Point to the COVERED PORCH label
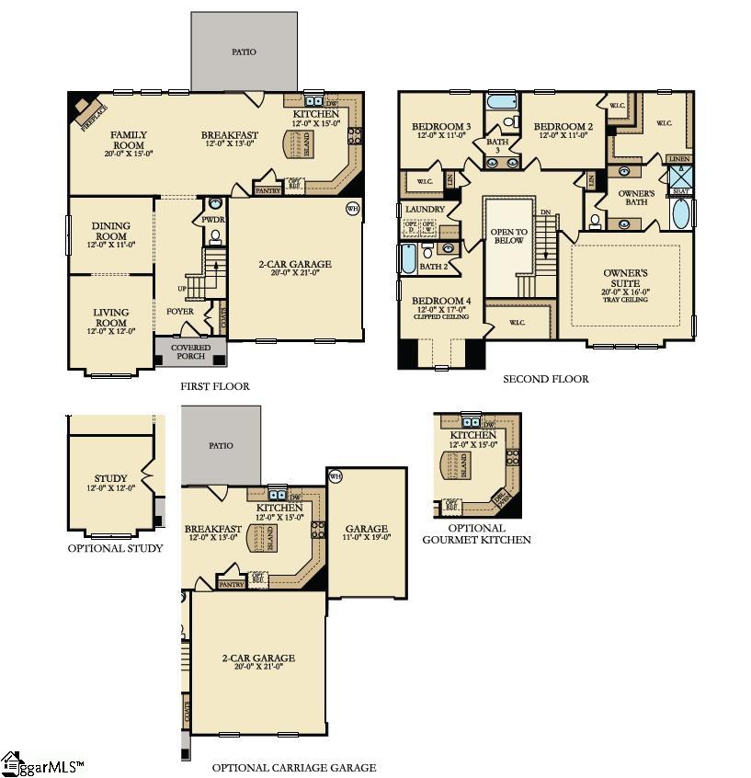click(191, 351)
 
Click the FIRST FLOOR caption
click(215, 386)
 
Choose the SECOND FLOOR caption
click(545, 379)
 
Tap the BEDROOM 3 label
click(440, 127)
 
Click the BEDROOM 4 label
click(441, 302)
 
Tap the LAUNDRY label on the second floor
click(426, 209)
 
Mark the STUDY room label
click(110, 478)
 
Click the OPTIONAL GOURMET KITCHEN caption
click(476, 533)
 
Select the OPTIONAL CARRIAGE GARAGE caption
click(293, 767)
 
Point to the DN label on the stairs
click(545, 212)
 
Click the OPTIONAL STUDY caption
click(115, 548)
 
